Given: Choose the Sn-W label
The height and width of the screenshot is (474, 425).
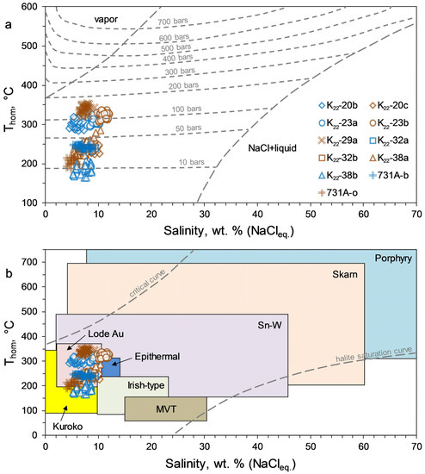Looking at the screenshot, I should [268, 328].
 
